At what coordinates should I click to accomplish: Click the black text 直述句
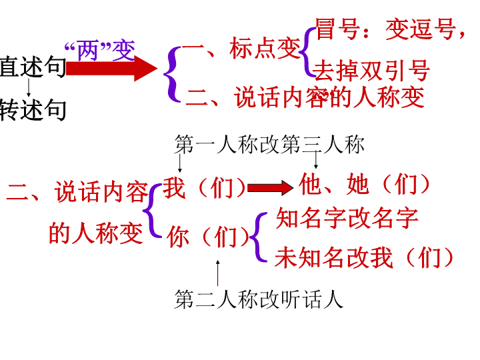pyautogui.click(x=33, y=67)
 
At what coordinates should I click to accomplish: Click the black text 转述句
pyautogui.click(x=33, y=109)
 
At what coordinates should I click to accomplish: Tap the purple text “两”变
pyautogui.click(x=100, y=50)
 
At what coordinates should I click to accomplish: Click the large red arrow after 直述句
pyautogui.click(x=112, y=69)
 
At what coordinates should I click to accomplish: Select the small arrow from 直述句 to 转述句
pyautogui.click(x=29, y=87)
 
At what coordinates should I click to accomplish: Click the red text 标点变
pyautogui.click(x=265, y=48)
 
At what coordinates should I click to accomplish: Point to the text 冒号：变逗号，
pyautogui.click(x=390, y=29)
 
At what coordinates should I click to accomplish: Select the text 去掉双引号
pyautogui.click(x=372, y=71)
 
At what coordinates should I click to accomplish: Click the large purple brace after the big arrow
pyautogui.click(x=173, y=74)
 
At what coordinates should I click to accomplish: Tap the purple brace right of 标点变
pyautogui.click(x=307, y=52)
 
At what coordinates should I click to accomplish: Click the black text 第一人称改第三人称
pyautogui.click(x=269, y=144)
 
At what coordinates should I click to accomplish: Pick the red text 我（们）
pyautogui.click(x=204, y=187)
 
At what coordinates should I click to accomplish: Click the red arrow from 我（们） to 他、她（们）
pyautogui.click(x=270, y=187)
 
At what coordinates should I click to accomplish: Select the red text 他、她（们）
pyautogui.click(x=364, y=184)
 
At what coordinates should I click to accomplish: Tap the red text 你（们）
pyautogui.click(x=208, y=236)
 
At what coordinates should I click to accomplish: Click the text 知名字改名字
pyautogui.click(x=347, y=217)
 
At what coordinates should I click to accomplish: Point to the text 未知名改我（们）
pyautogui.click(x=364, y=257)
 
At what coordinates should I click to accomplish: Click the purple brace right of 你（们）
pyautogui.click(x=258, y=237)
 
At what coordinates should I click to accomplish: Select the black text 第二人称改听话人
pyautogui.click(x=259, y=299)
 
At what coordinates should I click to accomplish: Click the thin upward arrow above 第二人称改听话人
pyautogui.click(x=217, y=273)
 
